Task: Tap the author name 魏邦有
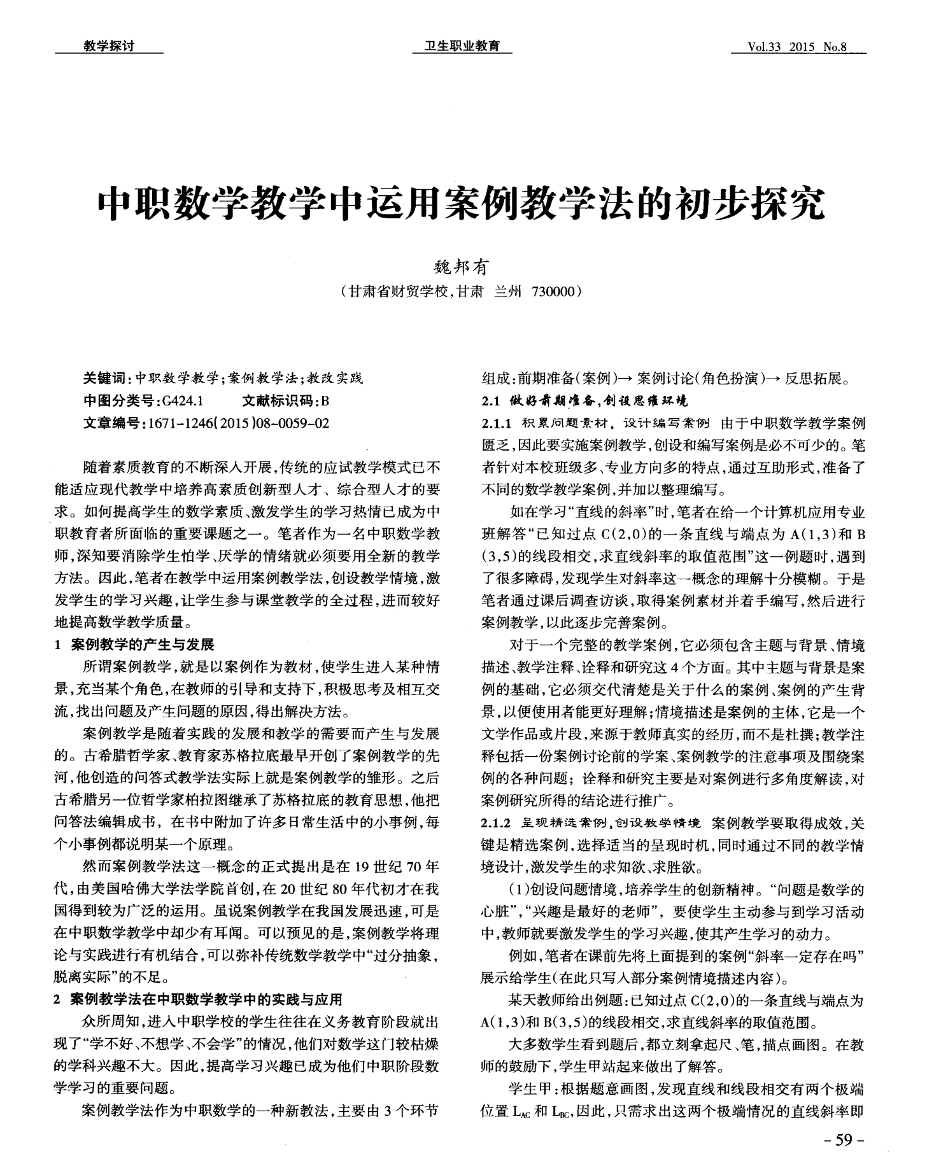pos(460,268)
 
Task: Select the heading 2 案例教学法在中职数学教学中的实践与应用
pos(198,999)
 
